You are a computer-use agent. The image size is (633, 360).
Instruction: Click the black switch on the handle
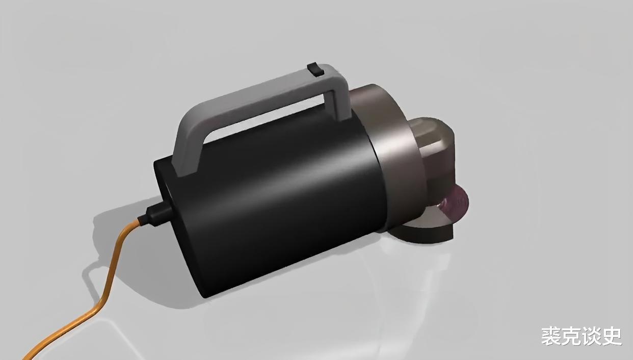(315, 69)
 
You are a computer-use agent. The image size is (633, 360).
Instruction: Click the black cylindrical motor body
(271, 198)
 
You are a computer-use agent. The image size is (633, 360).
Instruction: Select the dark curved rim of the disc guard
(424, 235)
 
